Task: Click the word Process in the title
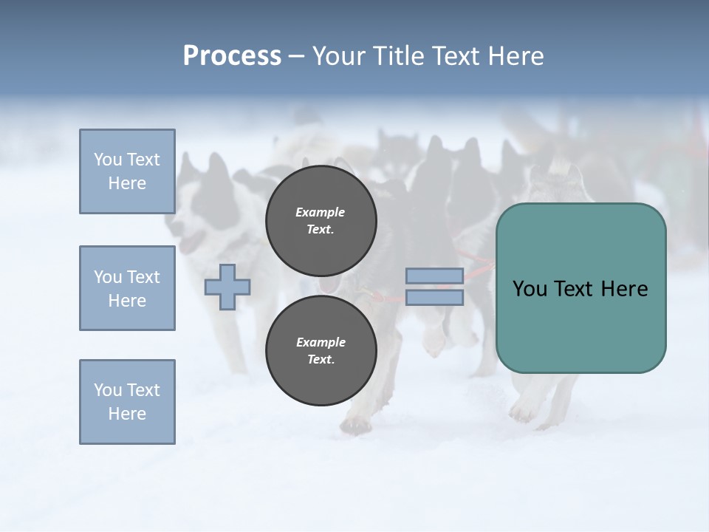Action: point(232,56)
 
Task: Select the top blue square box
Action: point(127,171)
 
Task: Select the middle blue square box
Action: point(127,288)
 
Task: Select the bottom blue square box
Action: point(127,402)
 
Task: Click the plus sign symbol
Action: point(227,287)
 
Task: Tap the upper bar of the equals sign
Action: point(434,276)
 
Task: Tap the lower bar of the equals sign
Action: point(434,298)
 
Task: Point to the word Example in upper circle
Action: point(321,212)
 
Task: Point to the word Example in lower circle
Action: point(321,342)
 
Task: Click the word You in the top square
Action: point(108,160)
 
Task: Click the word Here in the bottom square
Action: point(127,414)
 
